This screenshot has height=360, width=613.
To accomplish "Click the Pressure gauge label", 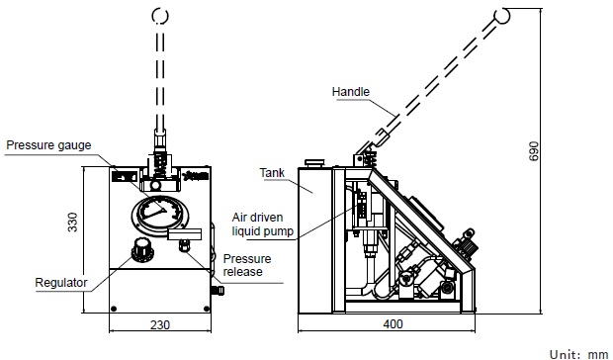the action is click(48, 145).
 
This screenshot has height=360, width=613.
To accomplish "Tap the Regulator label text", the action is click(61, 283).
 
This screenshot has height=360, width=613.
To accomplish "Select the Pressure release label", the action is click(247, 265).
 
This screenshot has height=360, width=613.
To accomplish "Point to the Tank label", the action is click(272, 173).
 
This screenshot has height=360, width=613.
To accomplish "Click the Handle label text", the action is click(351, 91).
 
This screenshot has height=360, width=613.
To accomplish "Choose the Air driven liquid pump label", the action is click(262, 224).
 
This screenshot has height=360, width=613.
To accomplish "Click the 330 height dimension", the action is click(73, 222).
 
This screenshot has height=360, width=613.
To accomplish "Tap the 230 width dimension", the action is click(160, 324).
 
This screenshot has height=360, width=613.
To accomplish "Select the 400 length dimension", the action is click(393, 324).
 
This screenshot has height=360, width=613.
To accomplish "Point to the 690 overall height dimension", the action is click(533, 151).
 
